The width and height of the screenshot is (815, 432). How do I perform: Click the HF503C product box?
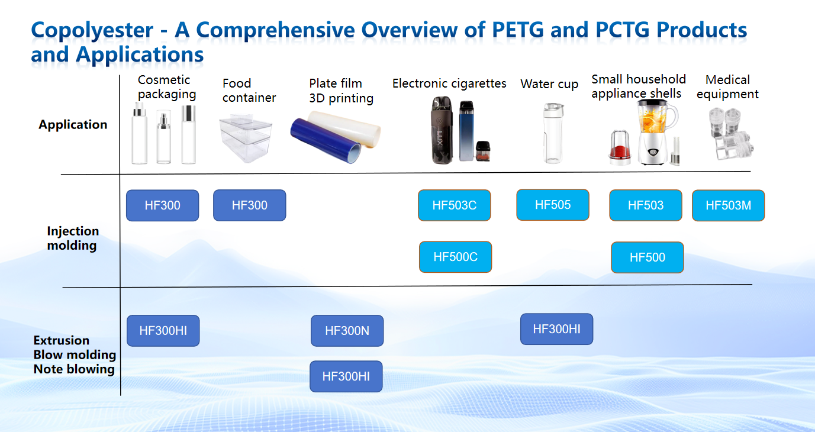click(x=454, y=205)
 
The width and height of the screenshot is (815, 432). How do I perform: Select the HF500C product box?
click(x=455, y=257)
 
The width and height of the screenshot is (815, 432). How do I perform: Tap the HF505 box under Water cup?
click(x=553, y=205)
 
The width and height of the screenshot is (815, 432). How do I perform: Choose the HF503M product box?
click(x=728, y=205)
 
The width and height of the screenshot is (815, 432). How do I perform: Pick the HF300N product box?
click(x=347, y=331)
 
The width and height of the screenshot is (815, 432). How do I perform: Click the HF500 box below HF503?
click(x=648, y=257)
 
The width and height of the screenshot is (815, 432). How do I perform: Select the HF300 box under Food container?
click(x=250, y=205)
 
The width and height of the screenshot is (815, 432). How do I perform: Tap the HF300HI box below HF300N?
click(x=346, y=376)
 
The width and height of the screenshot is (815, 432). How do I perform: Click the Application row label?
click(x=73, y=124)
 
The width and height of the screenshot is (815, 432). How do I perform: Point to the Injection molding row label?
click(x=73, y=238)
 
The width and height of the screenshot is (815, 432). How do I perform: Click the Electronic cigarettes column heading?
click(x=449, y=83)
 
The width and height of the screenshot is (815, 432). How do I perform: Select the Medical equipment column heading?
click(x=727, y=86)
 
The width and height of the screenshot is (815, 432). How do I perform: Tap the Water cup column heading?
click(x=549, y=83)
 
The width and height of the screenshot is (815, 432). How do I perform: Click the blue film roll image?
click(x=326, y=140)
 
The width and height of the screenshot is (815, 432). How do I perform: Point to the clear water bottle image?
click(x=553, y=133)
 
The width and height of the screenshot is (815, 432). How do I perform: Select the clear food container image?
click(x=246, y=138)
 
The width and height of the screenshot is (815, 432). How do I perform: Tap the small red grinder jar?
click(x=620, y=147)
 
